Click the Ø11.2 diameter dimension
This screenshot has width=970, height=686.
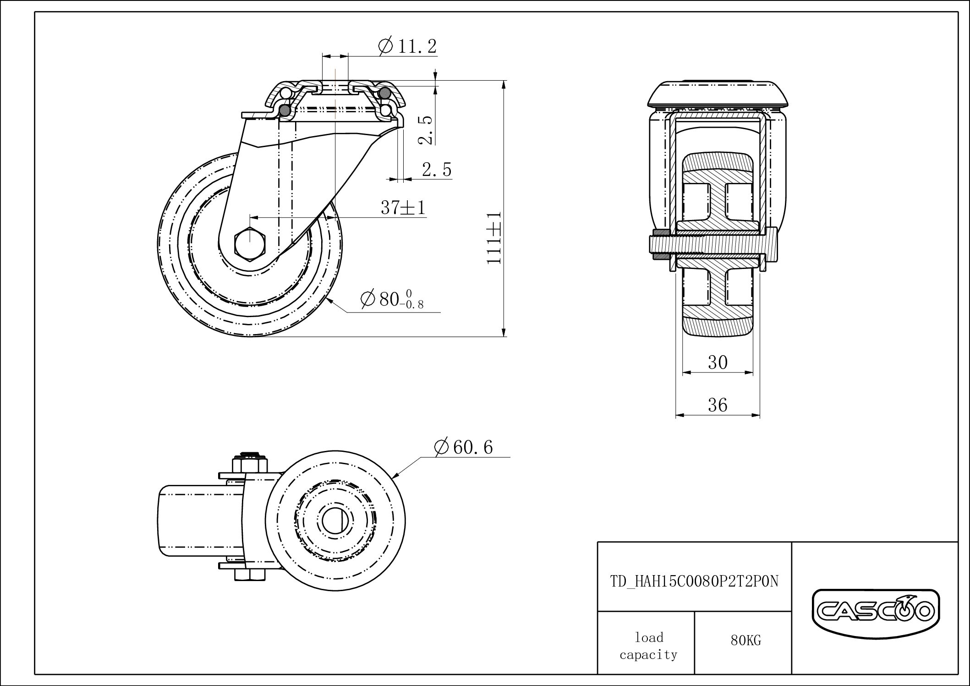[x=407, y=46]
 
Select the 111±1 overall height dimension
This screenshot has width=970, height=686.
[x=494, y=237]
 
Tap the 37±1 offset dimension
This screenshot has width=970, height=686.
[x=403, y=208]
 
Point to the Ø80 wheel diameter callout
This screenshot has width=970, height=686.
[x=392, y=300]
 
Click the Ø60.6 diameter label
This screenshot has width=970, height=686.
[x=463, y=447]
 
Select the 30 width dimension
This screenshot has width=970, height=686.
[x=718, y=362]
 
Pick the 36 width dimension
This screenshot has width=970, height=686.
[x=718, y=405]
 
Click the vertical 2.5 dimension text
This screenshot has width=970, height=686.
[x=426, y=130]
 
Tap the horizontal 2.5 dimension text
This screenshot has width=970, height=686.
[x=436, y=170]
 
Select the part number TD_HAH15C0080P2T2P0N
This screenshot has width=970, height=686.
[x=694, y=581]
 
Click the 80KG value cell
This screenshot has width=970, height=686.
[x=745, y=641]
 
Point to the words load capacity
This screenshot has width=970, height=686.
[x=648, y=646]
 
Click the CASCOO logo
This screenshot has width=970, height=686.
[x=875, y=612]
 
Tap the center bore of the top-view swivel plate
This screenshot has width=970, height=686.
[x=336, y=520]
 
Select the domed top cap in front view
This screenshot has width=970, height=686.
[x=718, y=94]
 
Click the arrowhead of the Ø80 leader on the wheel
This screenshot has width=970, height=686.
[x=329, y=300]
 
